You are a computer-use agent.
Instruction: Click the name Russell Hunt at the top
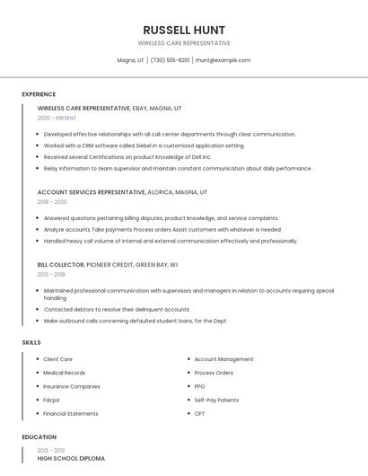[x=184, y=31]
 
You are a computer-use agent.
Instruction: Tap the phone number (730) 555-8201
[x=170, y=60]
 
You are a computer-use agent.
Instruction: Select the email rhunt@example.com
[x=223, y=60]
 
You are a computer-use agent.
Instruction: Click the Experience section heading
[x=39, y=94]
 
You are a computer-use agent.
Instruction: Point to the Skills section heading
[x=31, y=342]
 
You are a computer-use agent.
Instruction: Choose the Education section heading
[x=39, y=437]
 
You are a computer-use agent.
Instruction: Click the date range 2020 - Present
[x=57, y=118]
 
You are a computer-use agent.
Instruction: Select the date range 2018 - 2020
[x=52, y=202]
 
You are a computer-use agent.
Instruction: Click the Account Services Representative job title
[x=92, y=192]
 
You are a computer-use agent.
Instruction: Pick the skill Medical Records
[x=65, y=373]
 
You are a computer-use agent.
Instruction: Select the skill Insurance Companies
[x=72, y=386]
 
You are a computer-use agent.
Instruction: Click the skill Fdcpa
[x=51, y=400]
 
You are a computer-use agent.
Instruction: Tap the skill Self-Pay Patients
[x=216, y=400]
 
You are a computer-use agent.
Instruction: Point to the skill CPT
[x=199, y=414]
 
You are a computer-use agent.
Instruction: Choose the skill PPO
[x=199, y=386]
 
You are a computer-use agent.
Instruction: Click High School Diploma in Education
[x=71, y=458]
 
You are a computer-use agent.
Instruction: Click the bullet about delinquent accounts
[x=104, y=310]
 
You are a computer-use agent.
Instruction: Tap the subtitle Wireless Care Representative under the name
[x=184, y=43]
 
